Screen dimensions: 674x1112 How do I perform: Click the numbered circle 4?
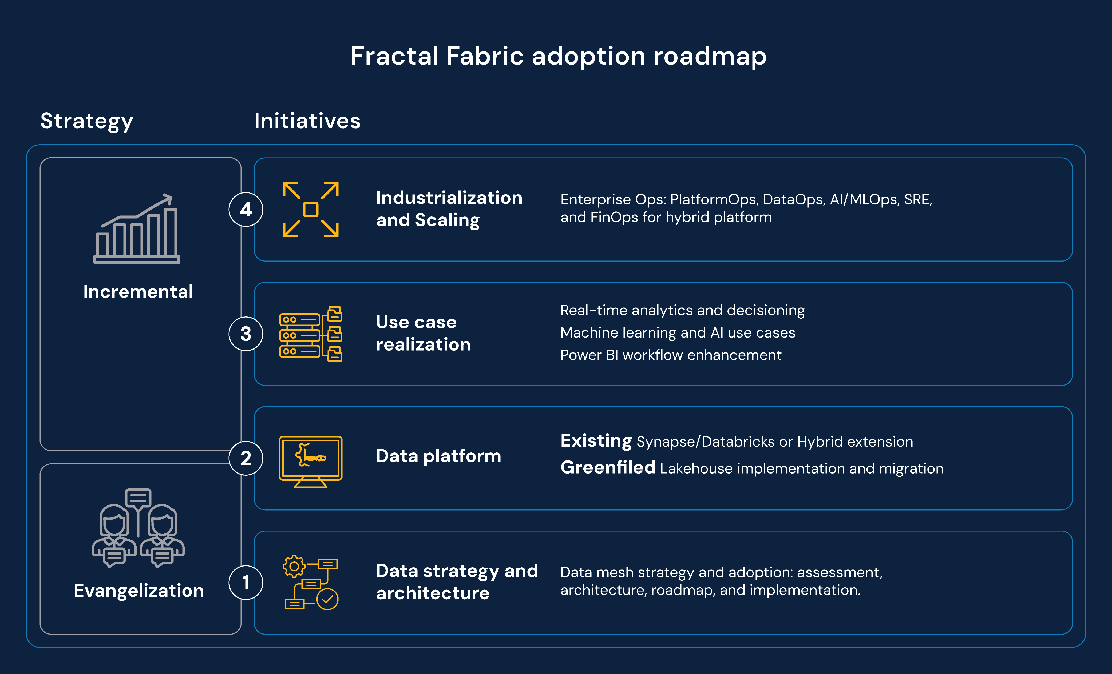coord(246,209)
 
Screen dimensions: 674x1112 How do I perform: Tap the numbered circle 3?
coord(246,334)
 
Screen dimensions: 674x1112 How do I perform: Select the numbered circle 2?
coord(246,458)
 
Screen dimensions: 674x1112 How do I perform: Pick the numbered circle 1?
coord(246,583)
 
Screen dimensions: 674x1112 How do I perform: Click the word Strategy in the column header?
coord(87,121)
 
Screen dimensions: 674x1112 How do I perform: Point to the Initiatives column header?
coord(307,121)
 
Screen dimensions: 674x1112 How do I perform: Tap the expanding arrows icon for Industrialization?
coord(311,209)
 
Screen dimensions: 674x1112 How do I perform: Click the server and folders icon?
coord(311,334)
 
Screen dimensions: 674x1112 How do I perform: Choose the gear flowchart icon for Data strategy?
coord(311,583)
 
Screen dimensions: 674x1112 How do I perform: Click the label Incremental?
coord(138,292)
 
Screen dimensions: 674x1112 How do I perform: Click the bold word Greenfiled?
coord(607,468)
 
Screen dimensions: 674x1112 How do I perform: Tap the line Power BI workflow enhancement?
coord(671,355)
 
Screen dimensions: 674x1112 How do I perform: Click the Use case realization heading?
coord(423,333)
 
